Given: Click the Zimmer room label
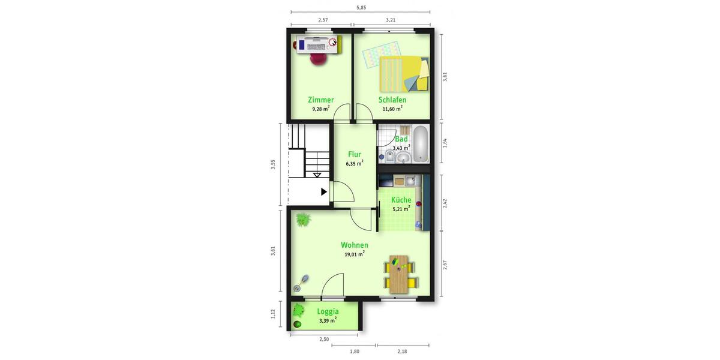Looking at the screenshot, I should coord(320,100).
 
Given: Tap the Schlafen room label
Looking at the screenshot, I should coord(392,100).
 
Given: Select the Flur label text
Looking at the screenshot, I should coord(354,154).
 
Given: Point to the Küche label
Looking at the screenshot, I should coord(401,200).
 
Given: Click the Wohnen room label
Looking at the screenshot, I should coord(354,245).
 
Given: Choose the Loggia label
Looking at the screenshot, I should coord(328,311).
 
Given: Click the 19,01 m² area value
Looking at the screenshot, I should coord(354,254).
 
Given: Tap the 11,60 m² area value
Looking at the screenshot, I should coord(392,109).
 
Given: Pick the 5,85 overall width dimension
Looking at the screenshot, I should coord(361,8).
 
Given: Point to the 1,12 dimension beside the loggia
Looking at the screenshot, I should coord(273,314).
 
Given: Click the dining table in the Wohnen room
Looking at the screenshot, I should coord(397,274).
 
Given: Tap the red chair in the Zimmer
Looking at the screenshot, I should coord(319,58).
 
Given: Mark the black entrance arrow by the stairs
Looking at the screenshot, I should coord(324,192).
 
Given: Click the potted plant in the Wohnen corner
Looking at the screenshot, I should coord(303,219).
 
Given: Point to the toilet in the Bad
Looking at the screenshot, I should coord(389,157).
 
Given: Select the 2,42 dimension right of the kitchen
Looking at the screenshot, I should coord(445,203).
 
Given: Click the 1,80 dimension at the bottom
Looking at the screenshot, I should coord(354,351).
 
